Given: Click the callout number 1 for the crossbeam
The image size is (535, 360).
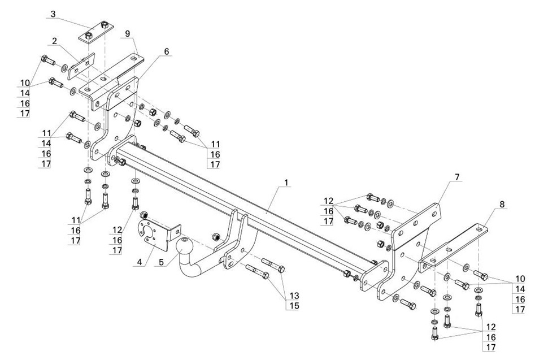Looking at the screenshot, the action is coord(286,183).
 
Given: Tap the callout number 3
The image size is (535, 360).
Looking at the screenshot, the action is coord(53,14).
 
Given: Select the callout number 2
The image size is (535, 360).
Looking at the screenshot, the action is coord(54,41).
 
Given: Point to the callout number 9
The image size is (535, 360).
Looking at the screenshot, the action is coord(128,33).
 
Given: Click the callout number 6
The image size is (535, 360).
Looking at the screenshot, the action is coord(167,51).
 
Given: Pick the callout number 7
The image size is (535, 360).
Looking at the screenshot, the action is coord(457,177).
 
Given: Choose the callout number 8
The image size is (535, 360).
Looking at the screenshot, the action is coord(502,204).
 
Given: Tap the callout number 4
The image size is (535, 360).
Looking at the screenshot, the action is coord(140,262).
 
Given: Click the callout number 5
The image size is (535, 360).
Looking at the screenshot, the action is coord(162,262).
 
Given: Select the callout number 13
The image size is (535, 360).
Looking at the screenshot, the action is coord(294,296).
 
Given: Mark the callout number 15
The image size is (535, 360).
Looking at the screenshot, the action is coord(294,306).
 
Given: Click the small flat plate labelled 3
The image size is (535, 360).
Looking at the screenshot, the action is coord(97,32).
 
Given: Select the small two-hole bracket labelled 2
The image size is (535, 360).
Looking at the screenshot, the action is coord(81,66).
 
